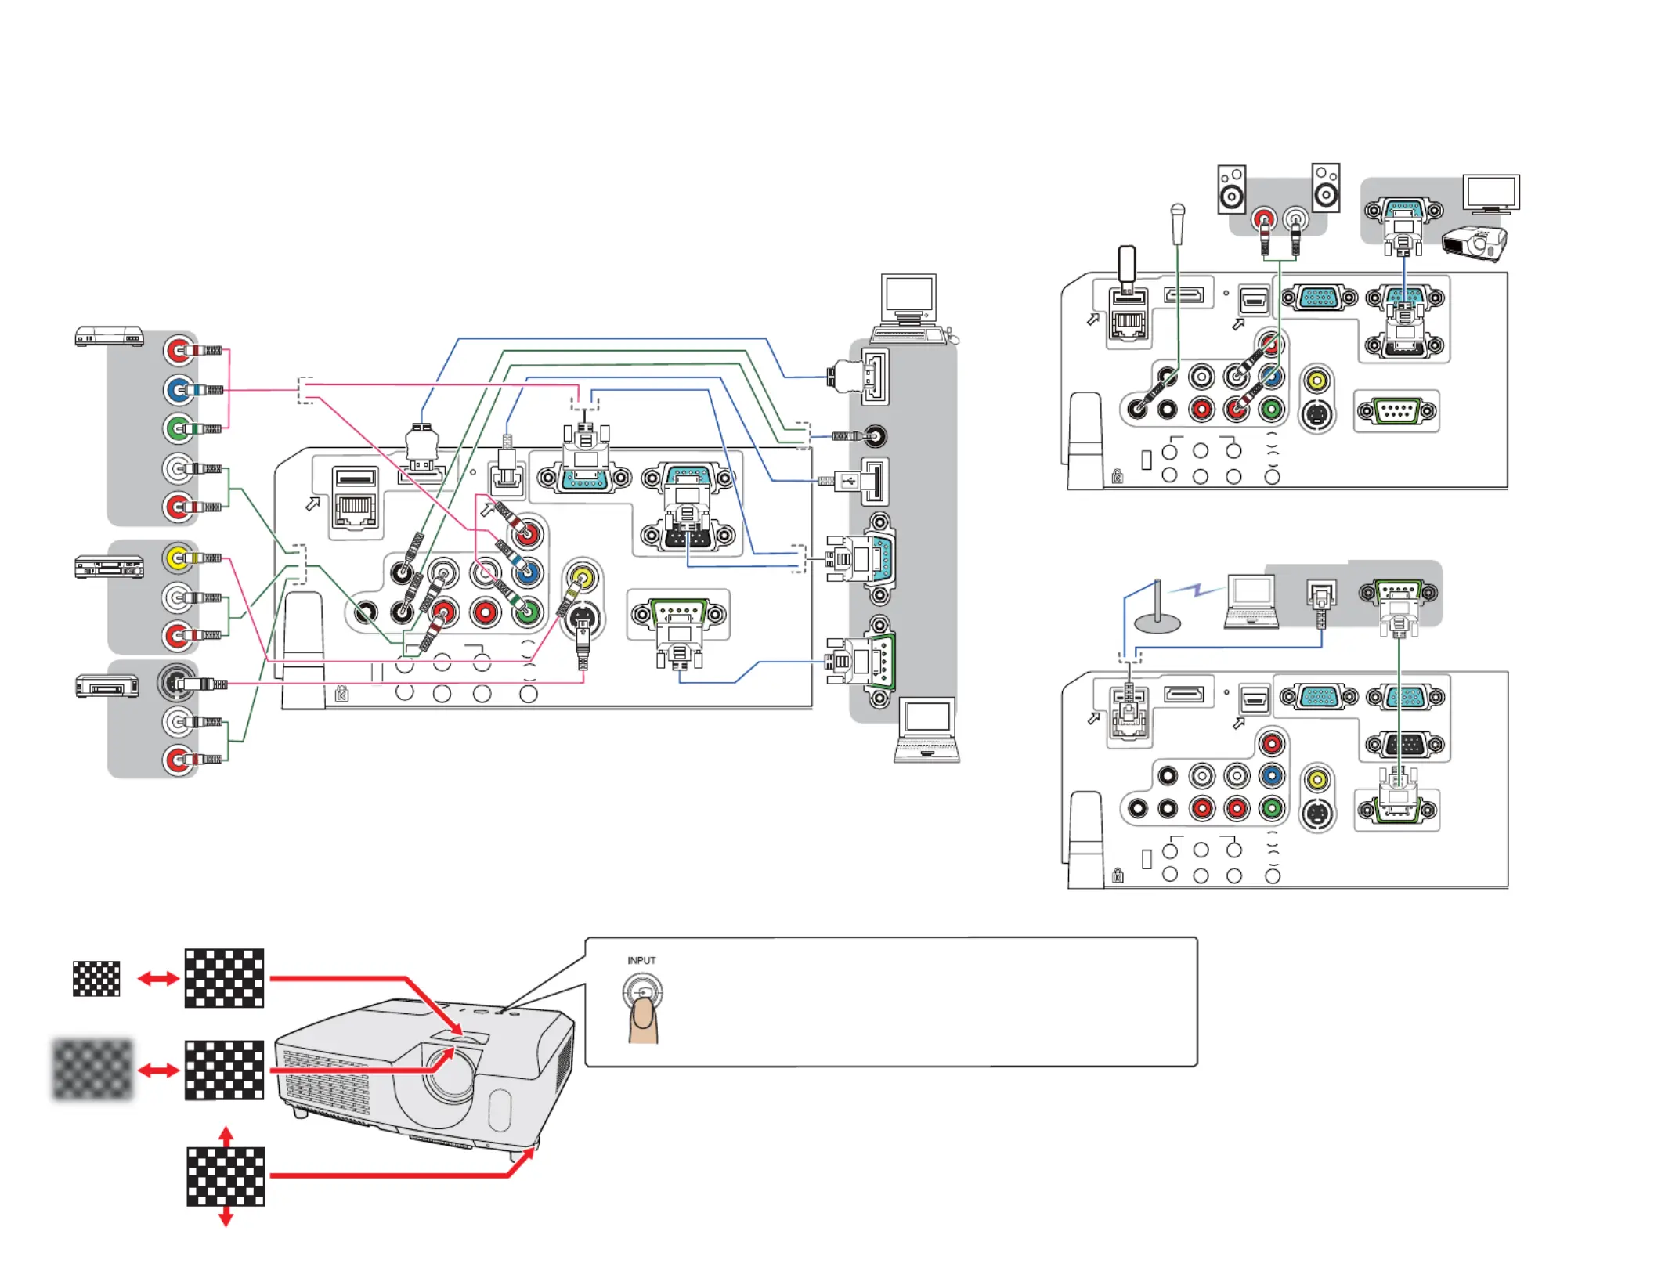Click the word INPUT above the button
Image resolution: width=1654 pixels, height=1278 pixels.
tap(641, 960)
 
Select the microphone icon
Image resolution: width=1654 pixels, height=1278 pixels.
tap(1177, 223)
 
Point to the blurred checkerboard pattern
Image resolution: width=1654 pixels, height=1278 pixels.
tap(92, 1069)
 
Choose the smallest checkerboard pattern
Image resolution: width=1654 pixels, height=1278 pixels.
tap(96, 978)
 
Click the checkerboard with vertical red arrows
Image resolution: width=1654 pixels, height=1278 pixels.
tap(226, 1176)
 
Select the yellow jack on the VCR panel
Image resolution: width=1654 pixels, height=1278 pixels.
tap(178, 558)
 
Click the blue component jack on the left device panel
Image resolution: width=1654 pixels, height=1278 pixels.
tap(178, 389)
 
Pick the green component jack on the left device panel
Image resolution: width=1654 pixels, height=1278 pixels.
tap(178, 428)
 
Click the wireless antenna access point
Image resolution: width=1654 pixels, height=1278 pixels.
tap(1157, 608)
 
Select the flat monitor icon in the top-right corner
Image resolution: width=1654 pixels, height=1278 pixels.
tap(1491, 193)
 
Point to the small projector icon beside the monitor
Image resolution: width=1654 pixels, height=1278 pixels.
tap(1475, 243)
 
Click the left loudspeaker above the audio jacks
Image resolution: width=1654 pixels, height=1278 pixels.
tap(1231, 189)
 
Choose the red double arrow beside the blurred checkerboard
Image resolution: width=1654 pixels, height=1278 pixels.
tap(158, 1070)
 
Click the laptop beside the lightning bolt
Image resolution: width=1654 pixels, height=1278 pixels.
tap(1251, 601)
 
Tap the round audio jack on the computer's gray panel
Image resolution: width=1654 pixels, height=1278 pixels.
tap(874, 435)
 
